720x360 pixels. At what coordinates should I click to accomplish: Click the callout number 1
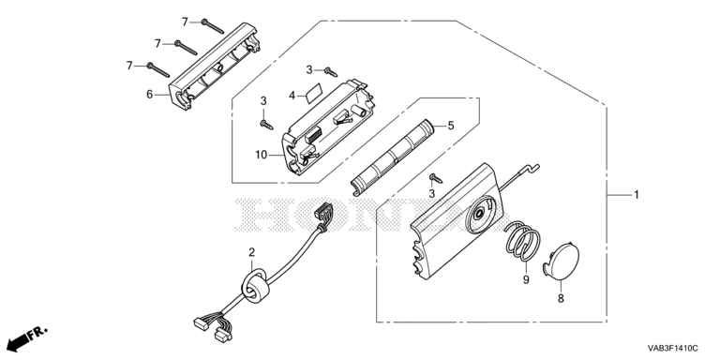click(x=637, y=195)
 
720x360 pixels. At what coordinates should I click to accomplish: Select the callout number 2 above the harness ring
click(x=251, y=252)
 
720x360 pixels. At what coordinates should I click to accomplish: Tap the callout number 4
click(x=292, y=96)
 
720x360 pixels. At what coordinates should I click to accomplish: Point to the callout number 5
click(x=451, y=125)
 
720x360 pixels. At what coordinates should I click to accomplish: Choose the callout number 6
click(x=149, y=95)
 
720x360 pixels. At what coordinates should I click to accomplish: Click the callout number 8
click(x=561, y=298)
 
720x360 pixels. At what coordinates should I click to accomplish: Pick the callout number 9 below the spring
click(x=526, y=279)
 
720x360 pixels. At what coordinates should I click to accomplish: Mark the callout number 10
click(x=261, y=156)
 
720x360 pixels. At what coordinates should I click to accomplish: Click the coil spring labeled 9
click(x=522, y=240)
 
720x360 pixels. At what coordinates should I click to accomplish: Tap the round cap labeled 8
click(x=562, y=261)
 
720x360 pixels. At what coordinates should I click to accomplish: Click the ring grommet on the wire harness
click(x=255, y=287)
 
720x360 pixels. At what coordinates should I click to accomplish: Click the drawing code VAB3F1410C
click(x=673, y=348)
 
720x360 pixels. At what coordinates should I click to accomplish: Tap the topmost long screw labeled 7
click(x=212, y=26)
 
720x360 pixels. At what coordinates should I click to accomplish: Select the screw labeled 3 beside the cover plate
click(x=435, y=178)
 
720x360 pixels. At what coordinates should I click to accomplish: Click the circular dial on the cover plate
click(x=480, y=214)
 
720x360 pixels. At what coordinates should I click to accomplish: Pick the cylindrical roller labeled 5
click(x=392, y=157)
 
